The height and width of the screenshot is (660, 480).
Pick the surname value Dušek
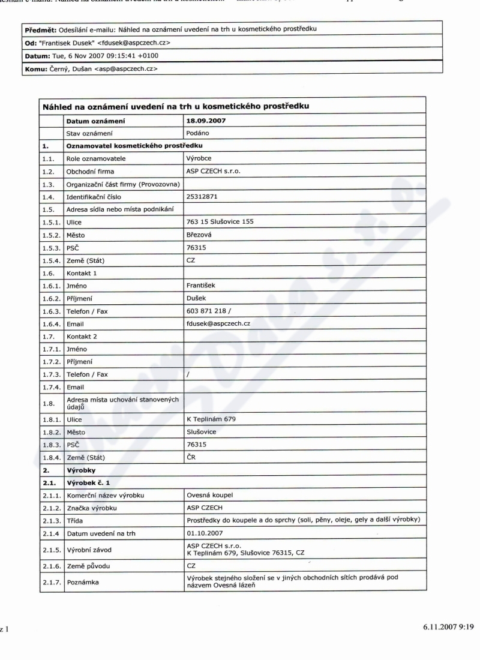[198, 299]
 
